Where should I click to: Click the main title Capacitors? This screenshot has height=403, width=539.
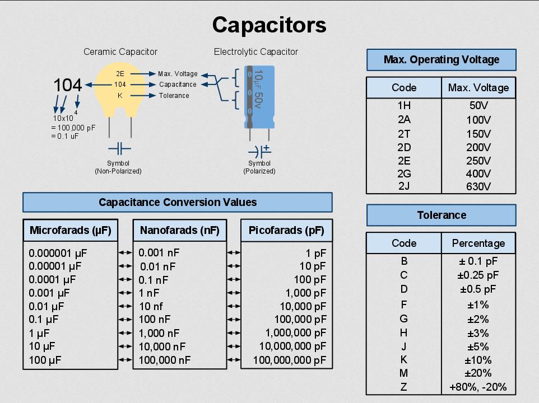(x=269, y=25)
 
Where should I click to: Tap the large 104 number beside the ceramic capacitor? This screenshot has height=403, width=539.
(x=68, y=85)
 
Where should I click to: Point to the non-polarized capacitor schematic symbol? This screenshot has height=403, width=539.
(x=119, y=149)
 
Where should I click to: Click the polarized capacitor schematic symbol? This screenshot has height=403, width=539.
(x=259, y=151)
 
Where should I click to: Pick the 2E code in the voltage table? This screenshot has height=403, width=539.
(x=404, y=161)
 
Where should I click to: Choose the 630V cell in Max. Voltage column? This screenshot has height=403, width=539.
(x=478, y=186)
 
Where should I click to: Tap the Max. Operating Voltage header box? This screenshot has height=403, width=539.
(x=441, y=60)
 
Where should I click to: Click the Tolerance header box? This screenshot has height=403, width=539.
(x=441, y=215)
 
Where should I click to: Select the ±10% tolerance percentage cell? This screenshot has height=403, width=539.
(x=478, y=360)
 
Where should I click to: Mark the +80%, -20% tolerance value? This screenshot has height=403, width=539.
(x=478, y=387)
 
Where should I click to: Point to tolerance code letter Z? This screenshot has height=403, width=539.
(x=404, y=387)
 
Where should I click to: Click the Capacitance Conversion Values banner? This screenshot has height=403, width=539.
(x=177, y=202)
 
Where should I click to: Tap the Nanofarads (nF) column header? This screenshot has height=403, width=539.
(x=179, y=230)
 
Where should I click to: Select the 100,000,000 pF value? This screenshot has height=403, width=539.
(x=289, y=360)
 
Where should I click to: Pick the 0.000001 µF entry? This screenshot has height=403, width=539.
(x=58, y=253)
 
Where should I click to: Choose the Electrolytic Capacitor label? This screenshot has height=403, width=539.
(x=255, y=52)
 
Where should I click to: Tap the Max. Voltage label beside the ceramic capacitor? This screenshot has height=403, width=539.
(x=178, y=74)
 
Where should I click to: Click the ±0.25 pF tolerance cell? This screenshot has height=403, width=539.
(x=478, y=275)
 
